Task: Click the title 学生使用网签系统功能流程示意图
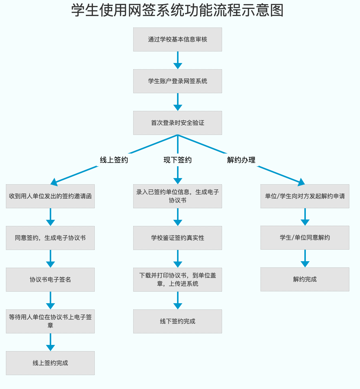point(177,10)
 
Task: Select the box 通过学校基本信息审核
point(177,39)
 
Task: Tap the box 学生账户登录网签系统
point(177,81)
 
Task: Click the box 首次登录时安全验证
point(177,123)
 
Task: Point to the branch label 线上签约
point(114,160)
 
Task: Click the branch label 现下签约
point(177,160)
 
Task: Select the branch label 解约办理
point(241,160)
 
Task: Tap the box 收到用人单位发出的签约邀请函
point(50,196)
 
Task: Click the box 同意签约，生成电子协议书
point(50,238)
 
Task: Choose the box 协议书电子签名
point(50,280)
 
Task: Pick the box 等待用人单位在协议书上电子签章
point(50,321)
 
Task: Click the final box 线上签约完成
point(50,363)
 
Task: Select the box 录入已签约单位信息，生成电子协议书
point(177,196)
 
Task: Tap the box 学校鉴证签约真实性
point(177,238)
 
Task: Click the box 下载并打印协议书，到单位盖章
point(177,280)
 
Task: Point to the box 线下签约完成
point(177,321)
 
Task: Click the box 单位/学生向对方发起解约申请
point(305,196)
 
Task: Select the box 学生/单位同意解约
point(305,238)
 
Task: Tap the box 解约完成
point(305,279)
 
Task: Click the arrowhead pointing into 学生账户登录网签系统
point(178,66)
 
